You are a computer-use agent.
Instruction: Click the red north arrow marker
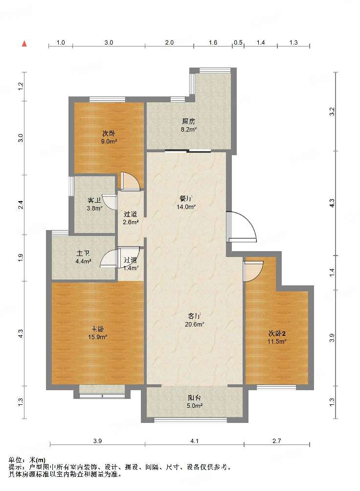(24, 44)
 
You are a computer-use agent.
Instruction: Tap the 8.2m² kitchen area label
(189, 129)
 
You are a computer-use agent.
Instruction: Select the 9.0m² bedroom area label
(109, 141)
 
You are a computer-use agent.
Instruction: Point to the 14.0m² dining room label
(186, 207)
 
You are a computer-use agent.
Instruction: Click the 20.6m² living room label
(195, 325)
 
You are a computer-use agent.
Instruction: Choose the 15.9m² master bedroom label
(98, 337)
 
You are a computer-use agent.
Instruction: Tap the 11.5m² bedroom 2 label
(277, 341)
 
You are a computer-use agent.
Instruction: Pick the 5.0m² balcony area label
(195, 406)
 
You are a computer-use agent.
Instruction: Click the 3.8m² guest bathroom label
(94, 208)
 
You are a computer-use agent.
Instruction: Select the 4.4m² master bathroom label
(83, 261)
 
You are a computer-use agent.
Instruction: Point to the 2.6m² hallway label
(131, 222)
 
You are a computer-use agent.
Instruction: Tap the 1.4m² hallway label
(131, 268)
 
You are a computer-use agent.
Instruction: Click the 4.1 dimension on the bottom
(195, 441)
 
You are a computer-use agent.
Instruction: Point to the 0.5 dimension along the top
(238, 42)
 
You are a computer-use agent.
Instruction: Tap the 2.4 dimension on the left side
(21, 205)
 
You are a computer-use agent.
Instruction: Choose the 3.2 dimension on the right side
(332, 112)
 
